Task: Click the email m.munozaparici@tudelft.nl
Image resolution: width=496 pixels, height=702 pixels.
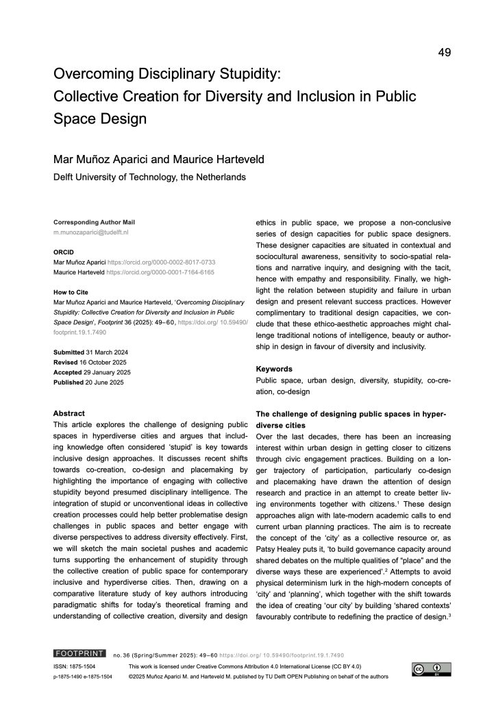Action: coord(90,233)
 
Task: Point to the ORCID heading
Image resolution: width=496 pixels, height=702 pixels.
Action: coord(64,252)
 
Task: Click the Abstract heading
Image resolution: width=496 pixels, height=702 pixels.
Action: coord(69,414)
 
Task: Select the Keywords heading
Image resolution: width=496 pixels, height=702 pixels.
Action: coord(273,368)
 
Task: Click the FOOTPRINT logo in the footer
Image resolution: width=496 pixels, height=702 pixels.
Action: coord(79,653)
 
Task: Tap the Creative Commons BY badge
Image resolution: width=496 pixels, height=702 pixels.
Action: coord(431,669)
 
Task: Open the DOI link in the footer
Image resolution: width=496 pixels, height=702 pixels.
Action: coord(290,654)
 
